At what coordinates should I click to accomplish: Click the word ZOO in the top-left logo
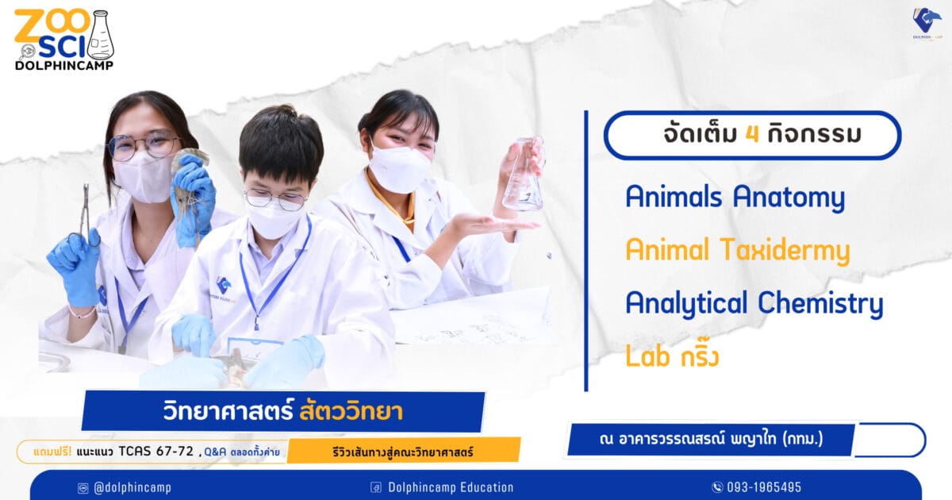pyautogui.click(x=52, y=26)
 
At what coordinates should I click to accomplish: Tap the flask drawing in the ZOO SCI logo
pyautogui.click(x=101, y=35)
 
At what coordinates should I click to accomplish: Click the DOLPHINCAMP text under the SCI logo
pyautogui.click(x=64, y=65)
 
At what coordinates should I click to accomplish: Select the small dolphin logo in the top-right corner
pyautogui.click(x=927, y=24)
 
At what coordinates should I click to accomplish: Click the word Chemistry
pyautogui.click(x=820, y=303)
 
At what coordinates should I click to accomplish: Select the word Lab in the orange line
pyautogui.click(x=647, y=356)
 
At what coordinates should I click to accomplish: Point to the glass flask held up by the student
pyautogui.click(x=524, y=175)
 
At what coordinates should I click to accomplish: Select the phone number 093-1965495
pyautogui.click(x=764, y=487)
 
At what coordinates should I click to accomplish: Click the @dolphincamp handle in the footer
pyautogui.click(x=132, y=487)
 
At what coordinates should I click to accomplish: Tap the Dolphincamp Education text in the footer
pyautogui.click(x=451, y=487)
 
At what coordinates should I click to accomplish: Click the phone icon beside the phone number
pyautogui.click(x=717, y=487)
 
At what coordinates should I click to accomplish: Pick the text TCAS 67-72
pyautogui.click(x=156, y=451)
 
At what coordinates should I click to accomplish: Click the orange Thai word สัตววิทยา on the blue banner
pyautogui.click(x=351, y=411)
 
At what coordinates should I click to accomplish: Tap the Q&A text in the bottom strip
pyautogui.click(x=215, y=452)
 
